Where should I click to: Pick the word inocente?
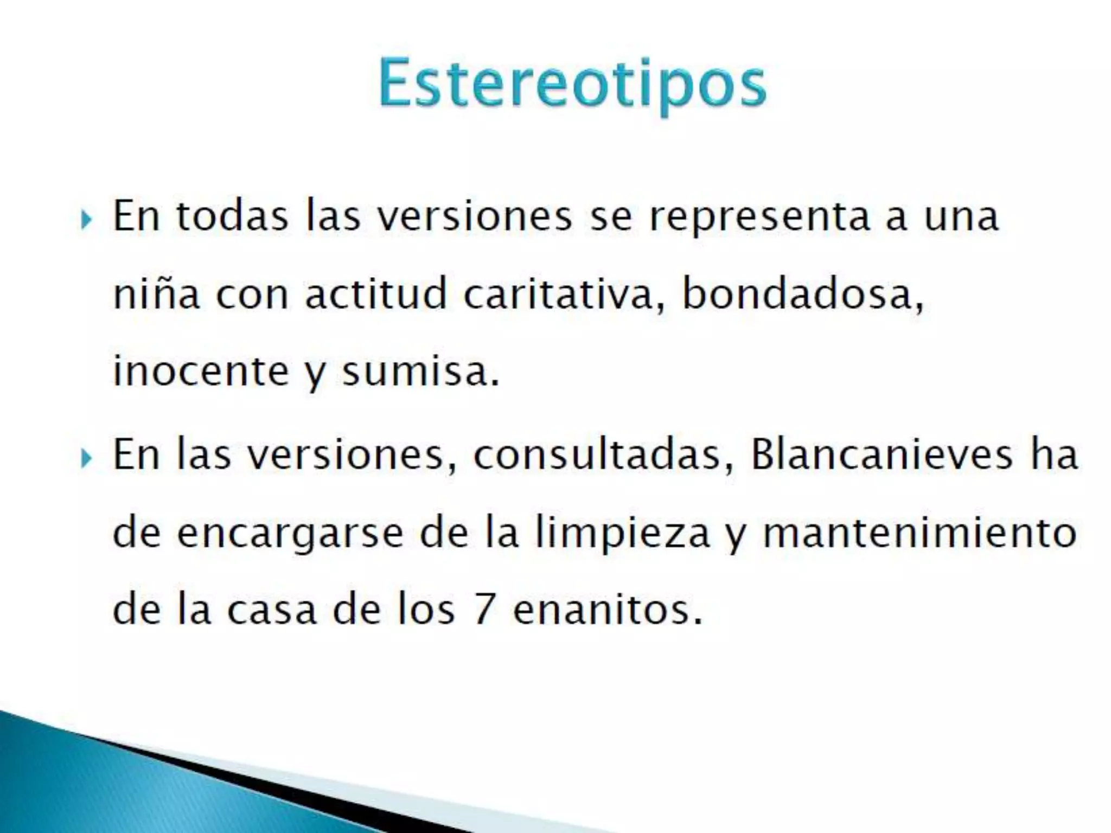tap(201, 371)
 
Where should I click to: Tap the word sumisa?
tap(420, 371)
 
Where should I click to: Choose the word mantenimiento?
tap(920, 533)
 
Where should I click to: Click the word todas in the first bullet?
tap(232, 216)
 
